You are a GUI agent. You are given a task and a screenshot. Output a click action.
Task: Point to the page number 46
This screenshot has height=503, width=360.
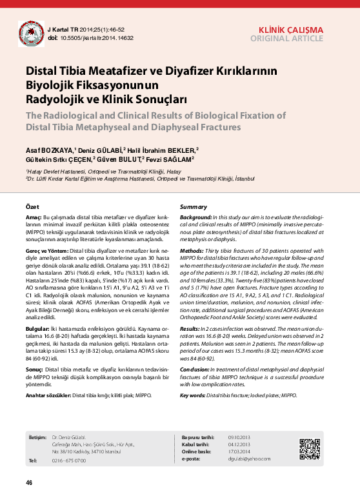[x=29, y=483]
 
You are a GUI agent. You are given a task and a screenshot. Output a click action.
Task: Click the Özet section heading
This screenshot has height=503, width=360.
[x=32, y=206]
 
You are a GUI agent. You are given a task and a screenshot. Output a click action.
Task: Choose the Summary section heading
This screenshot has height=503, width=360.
[x=193, y=206]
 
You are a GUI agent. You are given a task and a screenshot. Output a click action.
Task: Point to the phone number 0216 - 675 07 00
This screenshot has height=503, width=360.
[x=69, y=460]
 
